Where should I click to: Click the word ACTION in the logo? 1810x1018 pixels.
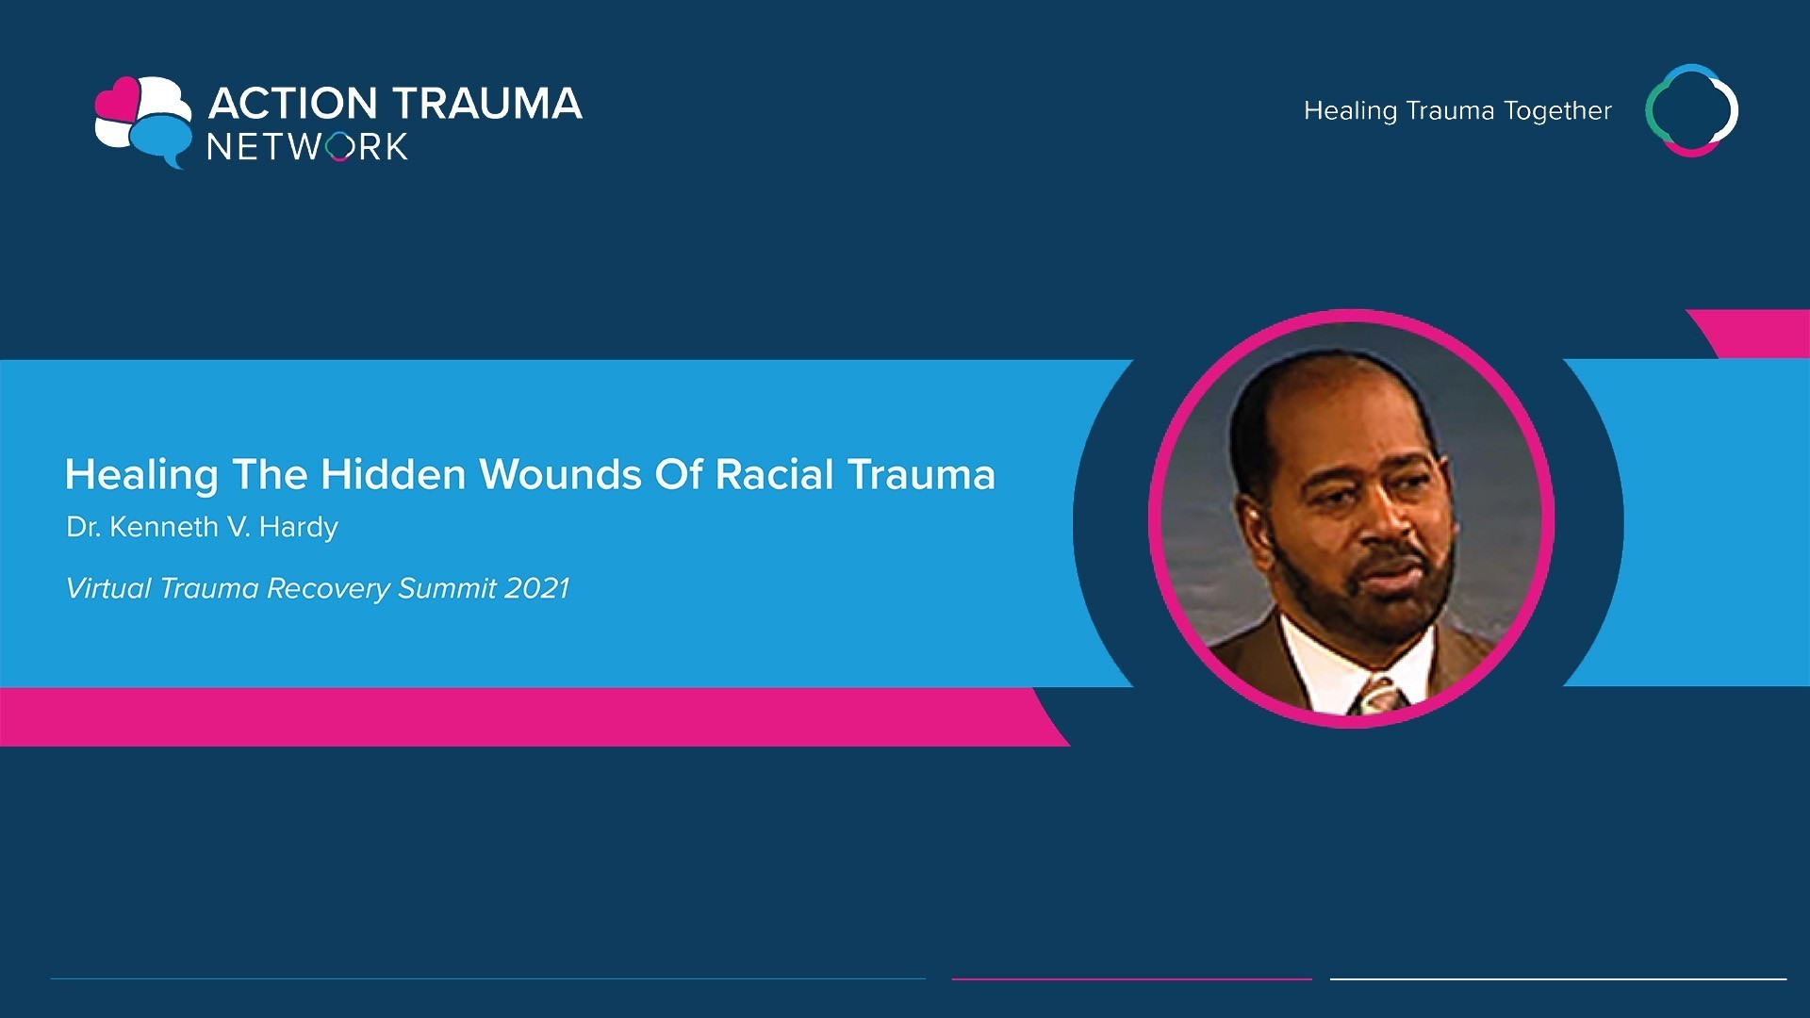click(x=292, y=103)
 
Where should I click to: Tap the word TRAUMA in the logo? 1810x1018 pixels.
click(x=487, y=103)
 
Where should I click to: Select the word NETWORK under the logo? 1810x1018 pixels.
click(x=307, y=147)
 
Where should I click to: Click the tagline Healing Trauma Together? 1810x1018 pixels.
click(x=1457, y=111)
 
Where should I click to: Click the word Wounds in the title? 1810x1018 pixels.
click(x=561, y=474)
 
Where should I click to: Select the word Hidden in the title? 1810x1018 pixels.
click(x=393, y=474)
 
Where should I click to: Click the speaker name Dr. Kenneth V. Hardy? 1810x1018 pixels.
click(x=202, y=527)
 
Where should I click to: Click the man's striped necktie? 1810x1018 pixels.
click(x=1378, y=697)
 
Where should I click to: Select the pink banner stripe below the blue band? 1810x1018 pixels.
click(x=528, y=717)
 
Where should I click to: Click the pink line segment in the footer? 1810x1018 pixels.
click(x=1131, y=979)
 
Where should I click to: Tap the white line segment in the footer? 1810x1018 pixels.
click(x=1558, y=979)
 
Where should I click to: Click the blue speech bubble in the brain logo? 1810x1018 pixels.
click(x=160, y=140)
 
